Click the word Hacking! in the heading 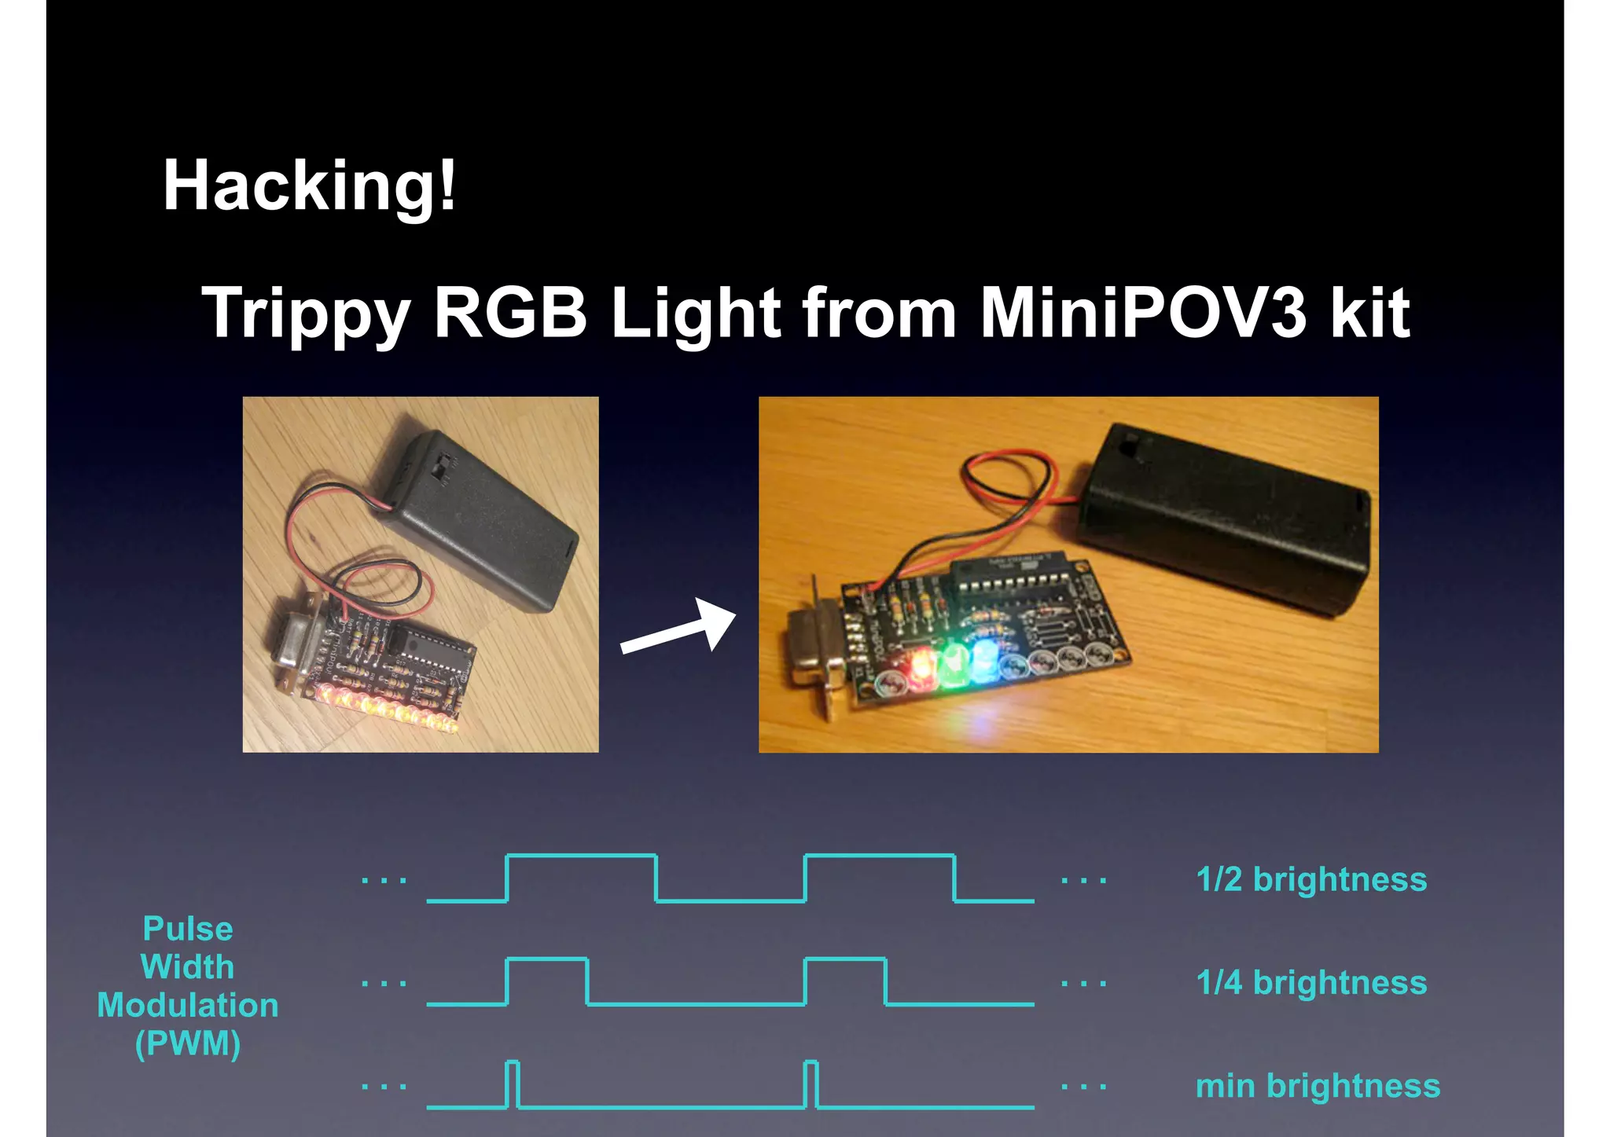[308, 185]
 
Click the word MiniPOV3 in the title [1143, 313]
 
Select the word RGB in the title [510, 313]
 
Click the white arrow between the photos [679, 626]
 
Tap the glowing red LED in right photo [919, 665]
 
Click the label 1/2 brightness [1310, 879]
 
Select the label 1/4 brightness [1310, 982]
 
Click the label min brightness [1318, 1086]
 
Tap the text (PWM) [187, 1043]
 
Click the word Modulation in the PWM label [187, 1006]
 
